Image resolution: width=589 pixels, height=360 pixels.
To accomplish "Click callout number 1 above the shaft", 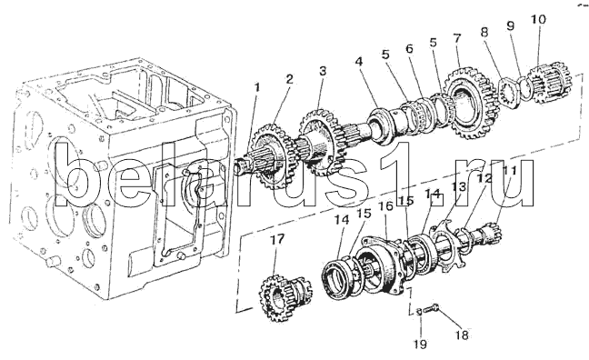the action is coord(256,87).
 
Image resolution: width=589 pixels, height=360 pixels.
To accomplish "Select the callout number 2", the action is coord(289,79).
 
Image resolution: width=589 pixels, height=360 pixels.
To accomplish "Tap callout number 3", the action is coord(323,71).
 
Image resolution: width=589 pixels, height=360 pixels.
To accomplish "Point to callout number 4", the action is coord(359,62).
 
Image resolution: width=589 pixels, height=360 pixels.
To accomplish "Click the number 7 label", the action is coord(457,38).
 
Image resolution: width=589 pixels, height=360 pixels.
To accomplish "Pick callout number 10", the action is coord(538,19).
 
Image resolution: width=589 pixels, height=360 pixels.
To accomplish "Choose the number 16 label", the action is coord(385,206).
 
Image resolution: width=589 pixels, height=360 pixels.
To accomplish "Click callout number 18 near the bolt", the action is coord(462,335).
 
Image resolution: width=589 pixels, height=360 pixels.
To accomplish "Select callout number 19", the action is coord(421,344).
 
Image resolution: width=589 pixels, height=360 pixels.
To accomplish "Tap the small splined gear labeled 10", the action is coord(550,85).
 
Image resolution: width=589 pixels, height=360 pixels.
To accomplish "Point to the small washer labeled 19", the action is coord(419,311).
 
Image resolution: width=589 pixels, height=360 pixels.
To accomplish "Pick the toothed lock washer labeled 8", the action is coord(511,93).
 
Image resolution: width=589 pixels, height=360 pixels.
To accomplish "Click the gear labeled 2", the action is coord(271,157).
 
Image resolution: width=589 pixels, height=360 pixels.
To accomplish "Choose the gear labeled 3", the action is coord(319,142).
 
